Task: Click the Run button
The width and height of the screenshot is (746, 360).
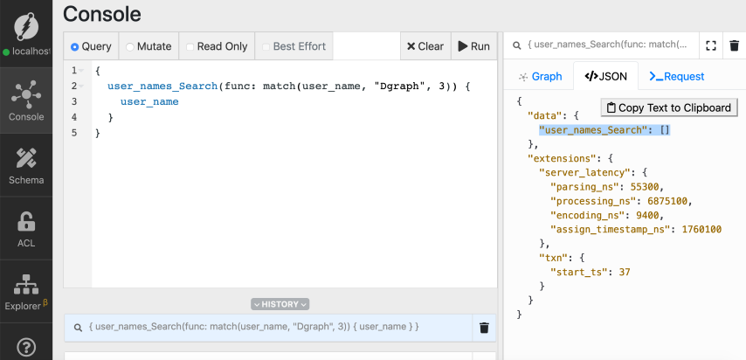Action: (x=473, y=46)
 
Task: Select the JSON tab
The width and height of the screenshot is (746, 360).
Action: (x=605, y=76)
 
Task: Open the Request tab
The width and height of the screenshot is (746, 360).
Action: (x=677, y=76)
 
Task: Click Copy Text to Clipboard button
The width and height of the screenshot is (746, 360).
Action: (x=669, y=107)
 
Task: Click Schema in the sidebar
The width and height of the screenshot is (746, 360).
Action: (x=25, y=166)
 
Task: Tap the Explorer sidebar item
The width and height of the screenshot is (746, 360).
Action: (x=25, y=294)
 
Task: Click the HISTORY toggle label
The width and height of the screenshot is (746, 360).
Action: (x=280, y=304)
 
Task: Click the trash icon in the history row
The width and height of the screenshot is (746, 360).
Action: (x=484, y=328)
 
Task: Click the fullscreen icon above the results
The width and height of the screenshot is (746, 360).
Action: (x=710, y=45)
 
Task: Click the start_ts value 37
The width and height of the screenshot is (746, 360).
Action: (x=622, y=272)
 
